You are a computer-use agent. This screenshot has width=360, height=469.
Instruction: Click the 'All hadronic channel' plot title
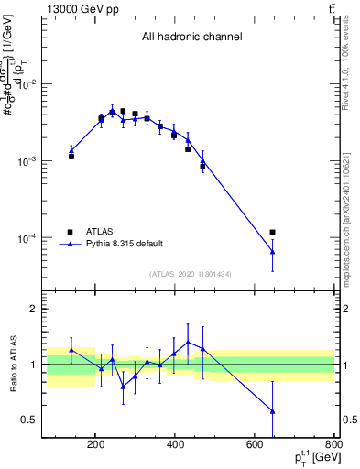tap(191, 38)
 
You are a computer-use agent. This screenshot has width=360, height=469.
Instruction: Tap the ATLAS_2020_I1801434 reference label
tap(191, 274)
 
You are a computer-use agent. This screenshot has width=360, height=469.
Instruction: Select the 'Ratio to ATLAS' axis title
tap(14, 365)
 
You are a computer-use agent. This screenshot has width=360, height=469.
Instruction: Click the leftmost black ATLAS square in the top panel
tap(71, 157)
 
